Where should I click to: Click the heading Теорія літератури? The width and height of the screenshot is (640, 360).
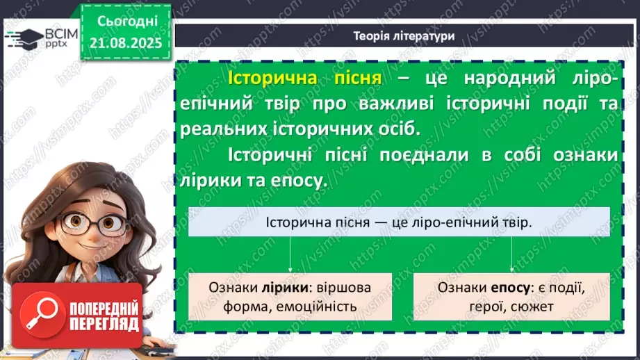pyautogui.click(x=404, y=36)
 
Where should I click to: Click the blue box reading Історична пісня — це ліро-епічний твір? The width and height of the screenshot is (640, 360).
pyautogui.click(x=399, y=222)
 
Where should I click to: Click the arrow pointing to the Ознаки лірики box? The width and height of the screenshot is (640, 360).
pyautogui.click(x=288, y=256)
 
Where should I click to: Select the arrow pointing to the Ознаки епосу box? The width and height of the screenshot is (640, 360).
pyautogui.click(x=512, y=256)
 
